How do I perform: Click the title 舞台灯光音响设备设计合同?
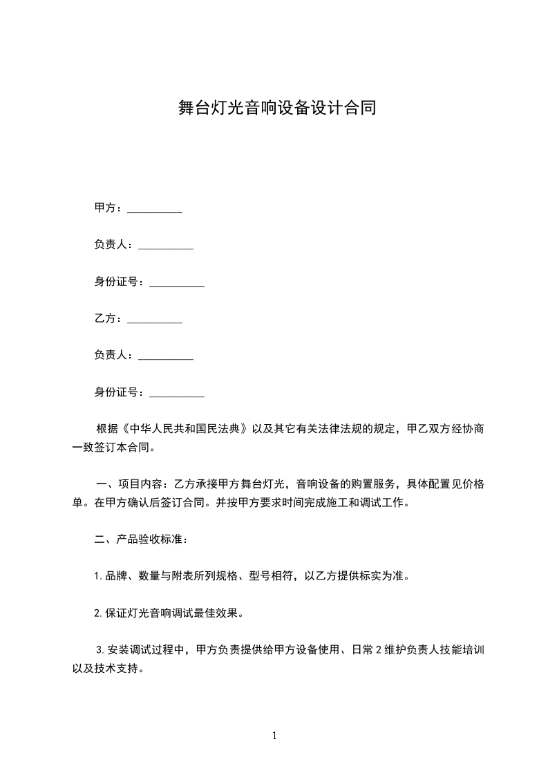274,108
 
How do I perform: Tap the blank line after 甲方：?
155,210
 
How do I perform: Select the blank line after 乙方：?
155,320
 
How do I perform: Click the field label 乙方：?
108,319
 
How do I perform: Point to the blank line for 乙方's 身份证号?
177,395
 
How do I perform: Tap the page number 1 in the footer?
274,736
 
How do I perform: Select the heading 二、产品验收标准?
140,539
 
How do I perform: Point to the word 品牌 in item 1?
115,576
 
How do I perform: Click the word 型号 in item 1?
257,576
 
